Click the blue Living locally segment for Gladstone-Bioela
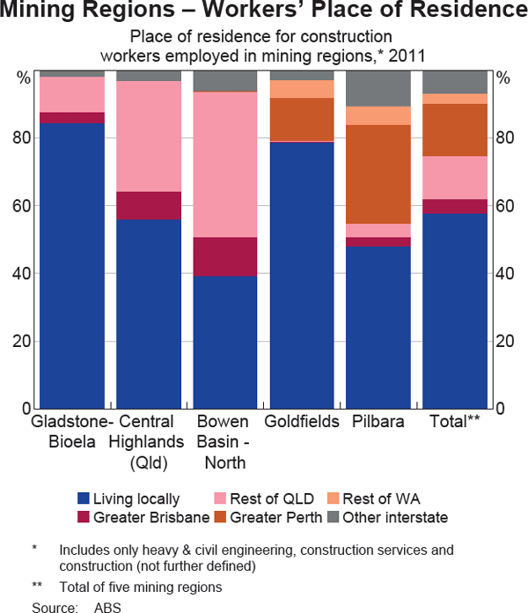[x=72, y=264]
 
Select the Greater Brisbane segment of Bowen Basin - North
[x=224, y=256]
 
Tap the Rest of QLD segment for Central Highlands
[x=149, y=136]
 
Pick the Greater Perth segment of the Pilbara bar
[x=378, y=174]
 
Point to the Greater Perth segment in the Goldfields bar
[x=301, y=119]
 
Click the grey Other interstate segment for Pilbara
[x=378, y=88]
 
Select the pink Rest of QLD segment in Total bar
[x=454, y=177]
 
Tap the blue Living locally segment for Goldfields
[x=301, y=273]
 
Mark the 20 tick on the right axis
[x=502, y=342]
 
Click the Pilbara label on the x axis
[x=378, y=422]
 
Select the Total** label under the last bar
[x=454, y=422]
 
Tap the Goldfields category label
[x=301, y=422]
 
